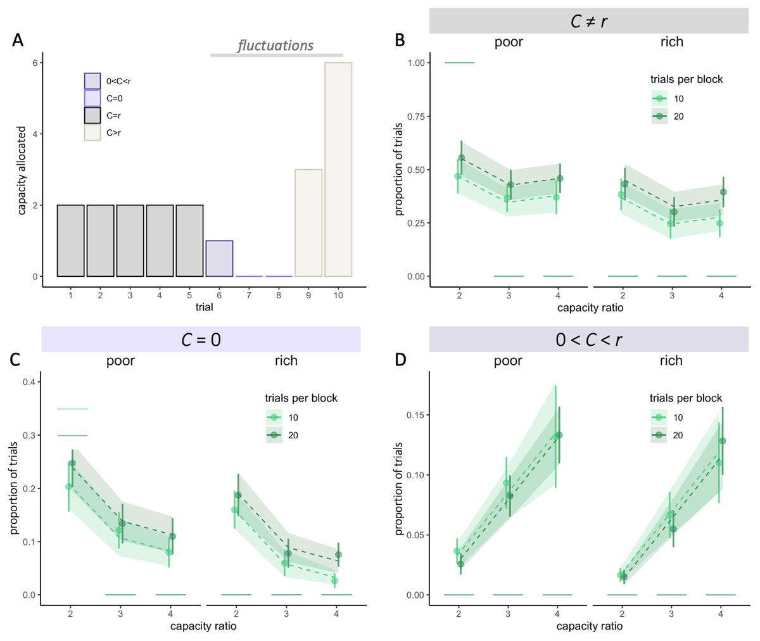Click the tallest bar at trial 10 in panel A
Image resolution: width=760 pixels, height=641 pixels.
click(338, 170)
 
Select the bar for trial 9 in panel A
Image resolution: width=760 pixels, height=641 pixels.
click(308, 223)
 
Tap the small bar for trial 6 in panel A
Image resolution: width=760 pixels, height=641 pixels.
click(219, 258)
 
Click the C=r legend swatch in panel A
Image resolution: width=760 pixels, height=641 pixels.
click(92, 115)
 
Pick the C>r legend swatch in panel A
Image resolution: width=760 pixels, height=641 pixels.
click(92, 132)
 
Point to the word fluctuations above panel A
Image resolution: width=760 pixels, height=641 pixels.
click(275, 46)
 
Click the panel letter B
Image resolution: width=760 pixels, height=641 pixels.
click(400, 40)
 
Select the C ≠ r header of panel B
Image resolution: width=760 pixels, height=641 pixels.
click(588, 20)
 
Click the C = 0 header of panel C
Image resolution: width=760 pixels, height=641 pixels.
click(201, 339)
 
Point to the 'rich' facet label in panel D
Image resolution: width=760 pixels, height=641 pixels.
click(671, 360)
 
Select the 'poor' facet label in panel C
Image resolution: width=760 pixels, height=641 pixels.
click(120, 360)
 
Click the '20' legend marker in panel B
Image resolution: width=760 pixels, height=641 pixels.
click(660, 117)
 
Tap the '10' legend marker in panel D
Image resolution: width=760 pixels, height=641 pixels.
click(660, 417)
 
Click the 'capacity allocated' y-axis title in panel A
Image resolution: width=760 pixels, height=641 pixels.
click(21, 170)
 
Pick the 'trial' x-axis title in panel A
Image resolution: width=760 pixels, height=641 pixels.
click(205, 308)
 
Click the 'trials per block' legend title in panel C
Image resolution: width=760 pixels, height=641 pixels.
click(301, 398)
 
